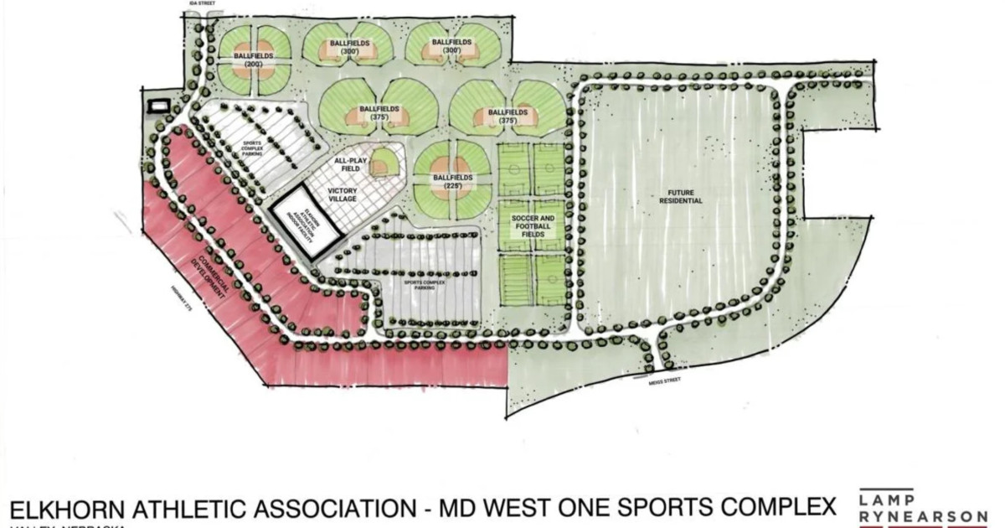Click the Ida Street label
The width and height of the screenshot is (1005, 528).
201,3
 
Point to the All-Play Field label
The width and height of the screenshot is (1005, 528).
346,165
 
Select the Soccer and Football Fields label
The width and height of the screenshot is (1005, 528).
530,226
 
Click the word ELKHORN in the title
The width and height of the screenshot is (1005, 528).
63,509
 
